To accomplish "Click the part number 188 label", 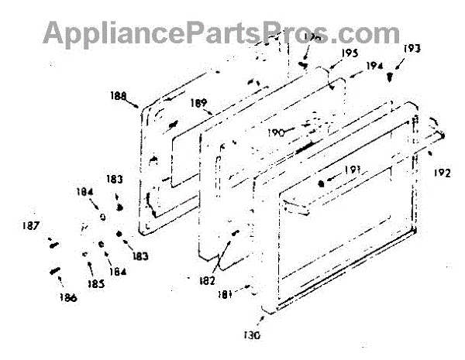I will pyautogui.click(x=120, y=98).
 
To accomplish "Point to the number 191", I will pyautogui.click(x=352, y=171).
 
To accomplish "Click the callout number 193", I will pyautogui.click(x=413, y=50).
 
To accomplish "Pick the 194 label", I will pyautogui.click(x=375, y=67).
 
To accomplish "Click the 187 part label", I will pyautogui.click(x=31, y=226).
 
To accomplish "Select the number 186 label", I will pyautogui.click(x=67, y=298).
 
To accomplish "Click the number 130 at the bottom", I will pyautogui.click(x=251, y=335).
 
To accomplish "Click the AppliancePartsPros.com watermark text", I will pyautogui.click(x=221, y=32).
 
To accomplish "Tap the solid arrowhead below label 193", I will pyautogui.click(x=392, y=77).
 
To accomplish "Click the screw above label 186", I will pyautogui.click(x=56, y=271).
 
